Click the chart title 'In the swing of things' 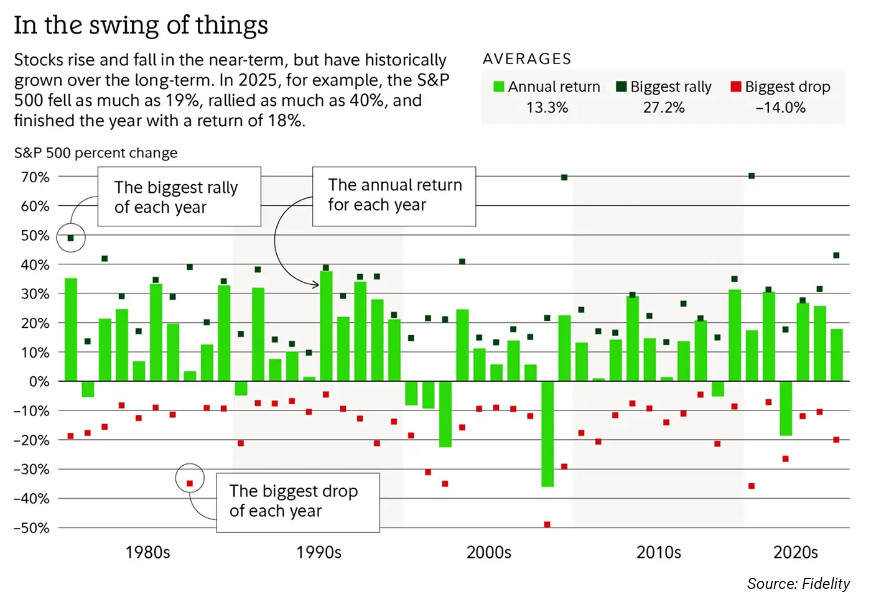pyautogui.click(x=141, y=25)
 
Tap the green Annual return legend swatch pyautogui.click(x=498, y=86)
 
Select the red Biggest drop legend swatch pyautogui.click(x=736, y=86)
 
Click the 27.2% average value pyautogui.click(x=663, y=108)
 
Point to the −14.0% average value pyautogui.click(x=780, y=108)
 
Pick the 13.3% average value pyautogui.click(x=547, y=108)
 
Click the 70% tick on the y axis pyautogui.click(x=35, y=177)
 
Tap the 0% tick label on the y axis pyautogui.click(x=39, y=381)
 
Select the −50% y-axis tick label pyautogui.click(x=32, y=528)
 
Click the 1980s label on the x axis pyautogui.click(x=147, y=552)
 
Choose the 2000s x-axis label pyautogui.click(x=489, y=552)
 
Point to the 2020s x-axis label pyautogui.click(x=795, y=552)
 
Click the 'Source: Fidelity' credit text pyautogui.click(x=798, y=583)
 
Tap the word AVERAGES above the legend pyautogui.click(x=527, y=59)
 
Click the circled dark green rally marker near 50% pyautogui.click(x=71, y=238)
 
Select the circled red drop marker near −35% pyautogui.click(x=190, y=483)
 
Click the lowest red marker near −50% pyautogui.click(x=547, y=525)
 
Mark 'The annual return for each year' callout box pyautogui.click(x=394, y=196)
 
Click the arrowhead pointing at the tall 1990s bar pyautogui.click(x=317, y=284)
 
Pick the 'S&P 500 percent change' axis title pyautogui.click(x=96, y=153)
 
